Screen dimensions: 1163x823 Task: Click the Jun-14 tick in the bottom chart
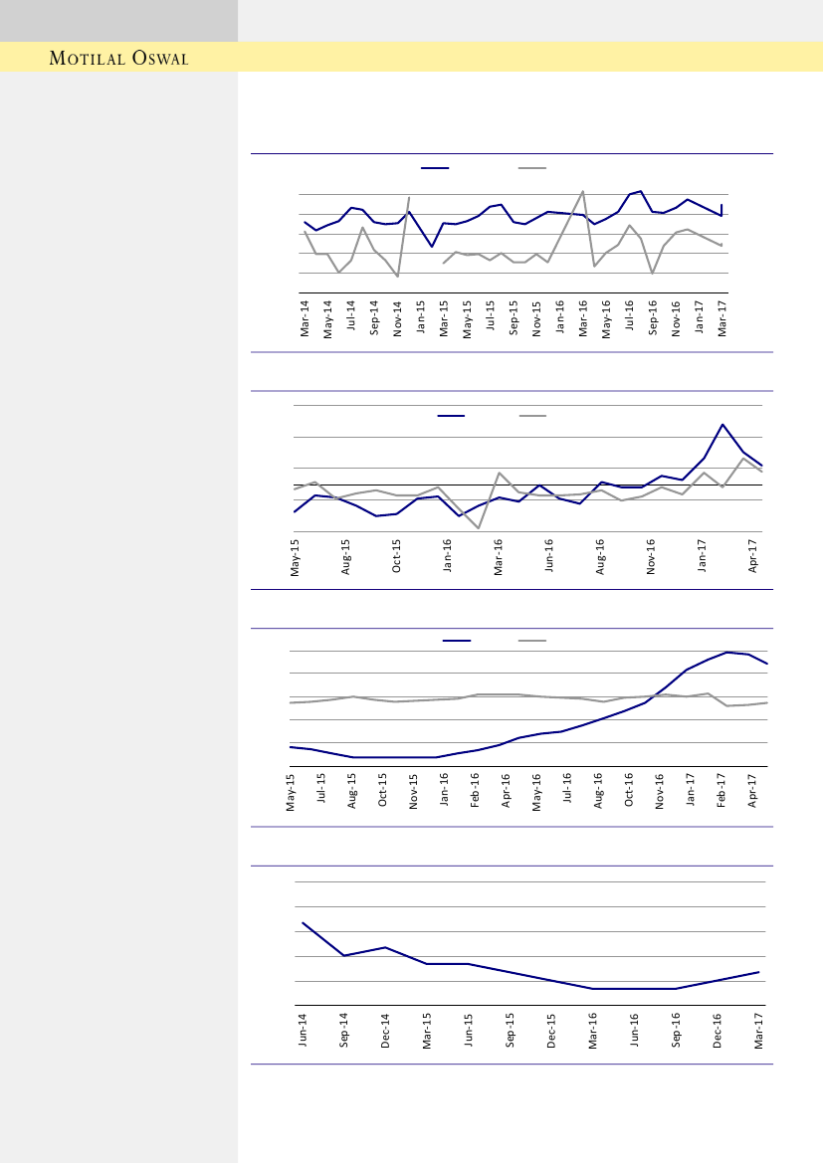pyautogui.click(x=303, y=1031)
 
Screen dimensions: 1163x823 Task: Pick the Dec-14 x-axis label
pyautogui.click(x=385, y=1031)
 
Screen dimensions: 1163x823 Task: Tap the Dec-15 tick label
pyautogui.click(x=551, y=1031)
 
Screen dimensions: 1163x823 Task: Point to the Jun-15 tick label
pyautogui.click(x=468, y=1031)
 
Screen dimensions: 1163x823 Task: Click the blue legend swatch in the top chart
pyautogui.click(x=435, y=168)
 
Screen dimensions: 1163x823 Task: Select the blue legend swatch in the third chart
pyautogui.click(x=457, y=641)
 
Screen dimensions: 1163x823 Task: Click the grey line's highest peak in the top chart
pyautogui.click(x=583, y=191)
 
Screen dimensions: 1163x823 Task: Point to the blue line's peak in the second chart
pyautogui.click(x=722, y=425)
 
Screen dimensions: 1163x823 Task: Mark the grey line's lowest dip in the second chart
pyautogui.click(x=479, y=528)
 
